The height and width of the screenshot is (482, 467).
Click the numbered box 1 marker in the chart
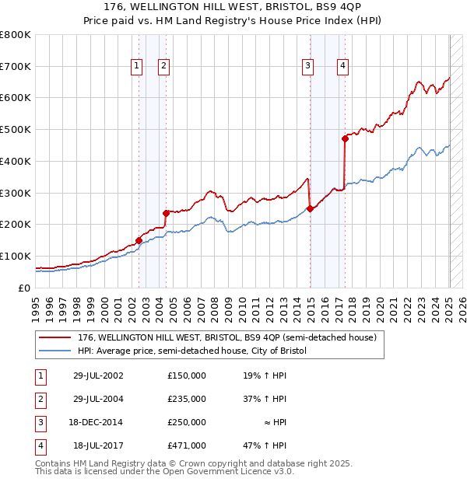pos(136,66)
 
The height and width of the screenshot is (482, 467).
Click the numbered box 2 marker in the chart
pos(164,66)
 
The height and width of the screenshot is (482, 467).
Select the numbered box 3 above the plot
pos(308,66)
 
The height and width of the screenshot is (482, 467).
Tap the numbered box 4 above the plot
pos(342,66)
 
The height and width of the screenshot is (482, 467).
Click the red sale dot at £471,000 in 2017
pos(345,138)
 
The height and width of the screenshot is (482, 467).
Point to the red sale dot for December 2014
pos(310,208)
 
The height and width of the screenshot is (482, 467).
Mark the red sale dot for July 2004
pos(166,213)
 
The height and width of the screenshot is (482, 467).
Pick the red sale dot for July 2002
pos(139,240)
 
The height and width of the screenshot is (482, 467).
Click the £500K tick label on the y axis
pos(16,130)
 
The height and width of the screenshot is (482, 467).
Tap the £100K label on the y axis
pos(16,256)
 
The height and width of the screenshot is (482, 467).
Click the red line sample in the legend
pos(54,338)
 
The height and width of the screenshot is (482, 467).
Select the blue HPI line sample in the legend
pos(54,351)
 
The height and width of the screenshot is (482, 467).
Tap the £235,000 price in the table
pos(187,399)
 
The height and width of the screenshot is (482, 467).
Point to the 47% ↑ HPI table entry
pos(265,445)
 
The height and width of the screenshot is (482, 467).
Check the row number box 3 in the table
pos(38,422)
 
